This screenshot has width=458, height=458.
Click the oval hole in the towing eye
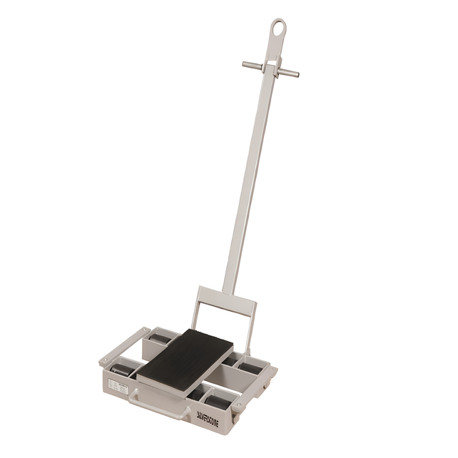pos(278,29)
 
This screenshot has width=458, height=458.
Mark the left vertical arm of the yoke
pos(195,309)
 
